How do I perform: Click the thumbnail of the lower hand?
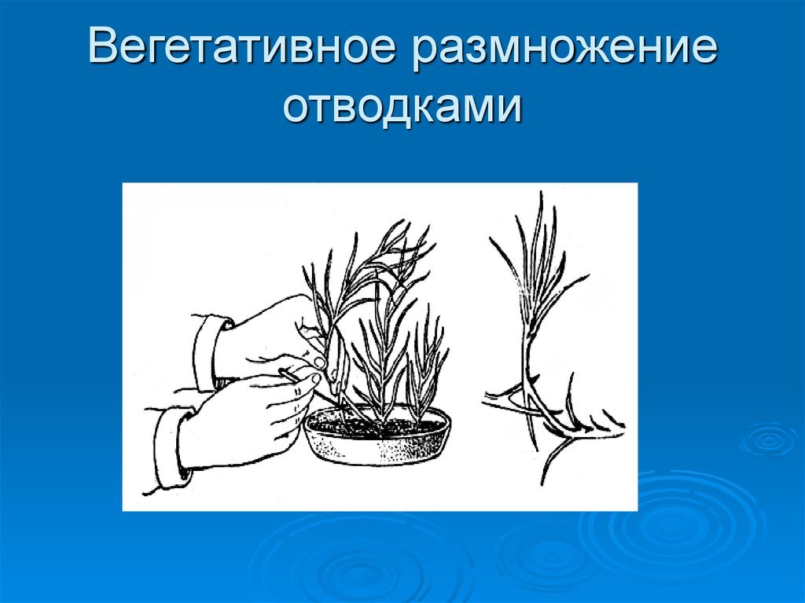314,379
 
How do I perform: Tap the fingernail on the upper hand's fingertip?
319,362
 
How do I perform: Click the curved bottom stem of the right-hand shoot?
553,457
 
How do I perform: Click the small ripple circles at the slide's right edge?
768,441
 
